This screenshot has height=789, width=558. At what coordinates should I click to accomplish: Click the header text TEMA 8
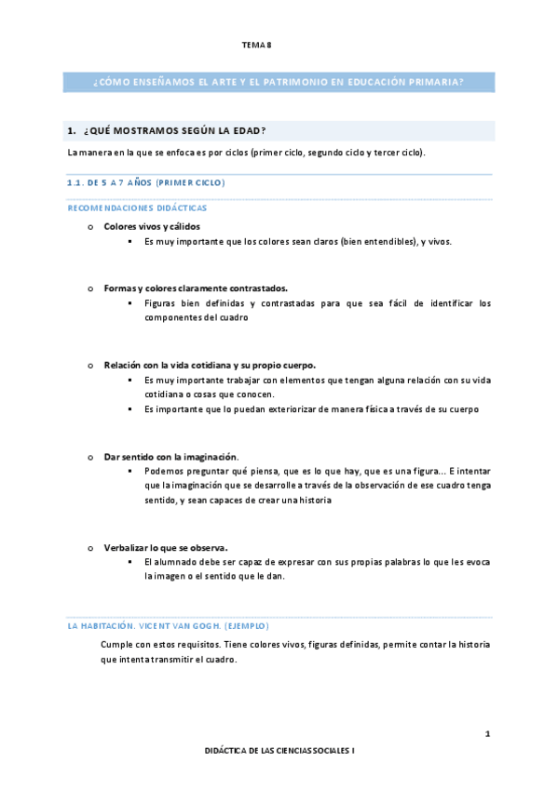(256, 44)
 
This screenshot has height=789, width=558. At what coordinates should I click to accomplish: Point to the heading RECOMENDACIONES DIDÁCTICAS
(137, 208)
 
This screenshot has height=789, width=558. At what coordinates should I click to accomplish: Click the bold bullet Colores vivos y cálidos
(151, 226)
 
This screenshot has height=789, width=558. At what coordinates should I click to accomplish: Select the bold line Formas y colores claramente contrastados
(196, 288)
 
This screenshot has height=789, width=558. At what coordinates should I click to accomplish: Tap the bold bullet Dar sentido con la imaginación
(170, 457)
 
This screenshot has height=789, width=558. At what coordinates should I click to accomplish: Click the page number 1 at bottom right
(487, 734)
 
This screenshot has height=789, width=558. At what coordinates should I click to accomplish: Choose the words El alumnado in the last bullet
(170, 562)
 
